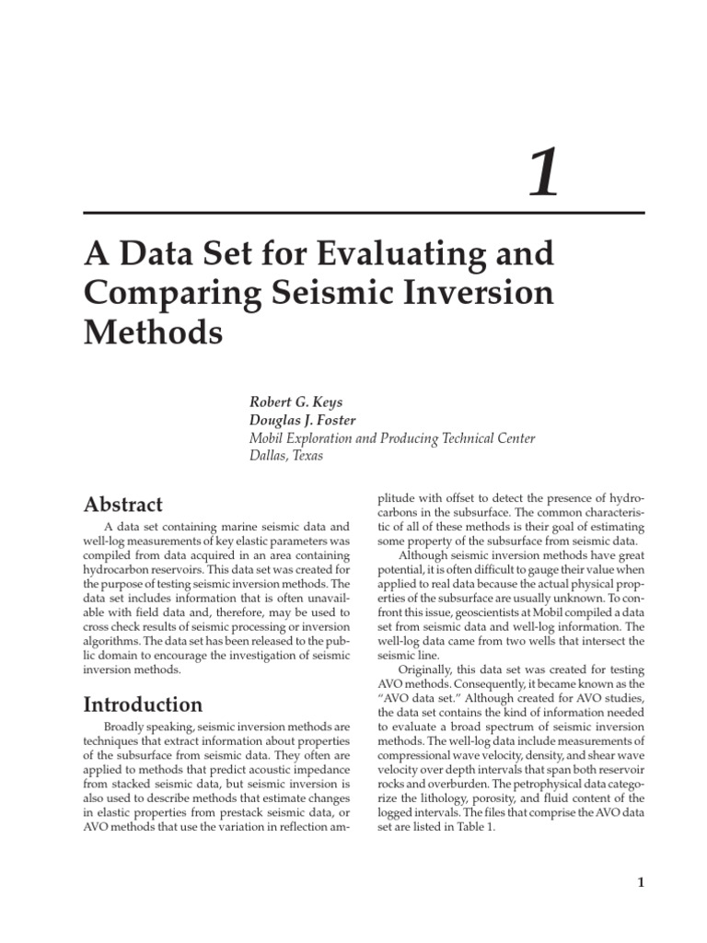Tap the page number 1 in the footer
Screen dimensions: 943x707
[x=640, y=883]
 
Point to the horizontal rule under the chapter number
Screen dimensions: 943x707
[x=364, y=213]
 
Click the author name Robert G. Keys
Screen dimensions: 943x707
[x=296, y=402]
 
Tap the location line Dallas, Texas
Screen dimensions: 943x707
[x=286, y=456]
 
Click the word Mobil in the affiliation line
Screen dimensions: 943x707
[x=270, y=438]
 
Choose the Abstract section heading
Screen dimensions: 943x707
[x=123, y=504]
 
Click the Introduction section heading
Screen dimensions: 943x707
[x=143, y=704]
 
